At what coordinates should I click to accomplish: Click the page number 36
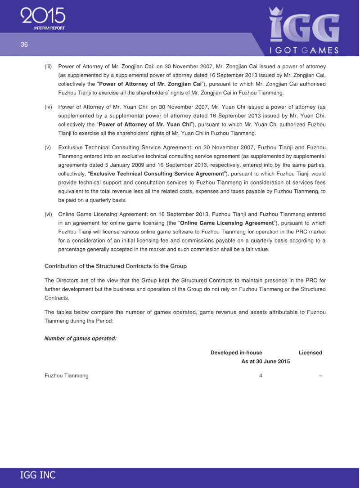pyautogui.click(x=24, y=44)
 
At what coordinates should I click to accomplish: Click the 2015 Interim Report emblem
pyautogui.click(x=43, y=19)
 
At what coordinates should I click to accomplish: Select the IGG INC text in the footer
pyautogui.click(x=38, y=475)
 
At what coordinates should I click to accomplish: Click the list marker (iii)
pyautogui.click(x=49, y=67)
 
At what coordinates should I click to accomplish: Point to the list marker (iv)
pyautogui.click(x=49, y=107)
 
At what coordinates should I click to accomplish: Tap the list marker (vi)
pyautogui.click(x=49, y=214)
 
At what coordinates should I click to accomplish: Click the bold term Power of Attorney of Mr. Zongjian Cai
pyautogui.click(x=150, y=84)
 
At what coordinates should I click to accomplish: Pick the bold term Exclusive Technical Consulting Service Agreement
pyautogui.click(x=157, y=174)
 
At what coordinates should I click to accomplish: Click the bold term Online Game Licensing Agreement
pyautogui.click(x=226, y=223)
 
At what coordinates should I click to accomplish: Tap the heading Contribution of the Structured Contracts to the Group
pyautogui.click(x=116, y=266)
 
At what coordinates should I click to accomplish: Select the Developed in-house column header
pyautogui.click(x=236, y=353)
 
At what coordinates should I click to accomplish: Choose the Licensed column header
pyautogui.click(x=310, y=353)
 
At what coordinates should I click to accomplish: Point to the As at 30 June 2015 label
pyautogui.click(x=265, y=361)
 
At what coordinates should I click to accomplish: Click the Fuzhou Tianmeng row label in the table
pyautogui.click(x=67, y=376)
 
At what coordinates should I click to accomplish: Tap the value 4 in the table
pyautogui.click(x=261, y=376)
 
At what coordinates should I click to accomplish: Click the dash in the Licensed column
pyautogui.click(x=320, y=376)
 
